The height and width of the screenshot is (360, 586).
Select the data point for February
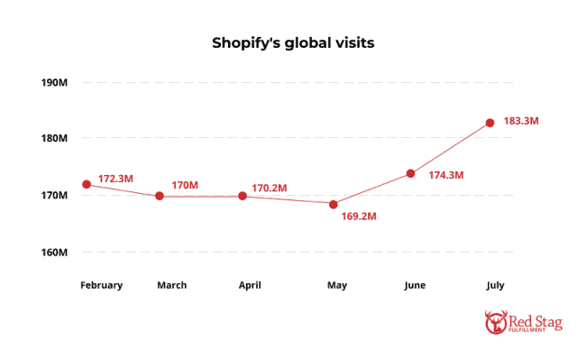pos(87,184)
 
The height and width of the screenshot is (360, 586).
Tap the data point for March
pos(160,196)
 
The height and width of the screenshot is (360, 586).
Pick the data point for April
pos(243,196)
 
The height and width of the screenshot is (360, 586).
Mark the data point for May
pos(334,204)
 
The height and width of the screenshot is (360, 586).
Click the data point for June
pos(410,173)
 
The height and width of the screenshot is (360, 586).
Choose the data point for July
pos(490,123)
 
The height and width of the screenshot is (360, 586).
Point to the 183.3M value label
pos(521,120)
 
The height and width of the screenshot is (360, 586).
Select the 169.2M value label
pos(359,217)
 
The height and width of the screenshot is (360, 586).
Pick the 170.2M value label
pos(269,188)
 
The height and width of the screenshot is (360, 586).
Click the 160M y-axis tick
pos(54,252)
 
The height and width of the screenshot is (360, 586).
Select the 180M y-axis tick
pos(54,139)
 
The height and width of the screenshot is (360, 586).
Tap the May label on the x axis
pos(337,285)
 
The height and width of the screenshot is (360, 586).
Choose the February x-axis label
pos(101,285)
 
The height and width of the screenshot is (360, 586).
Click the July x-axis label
pos(494,285)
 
